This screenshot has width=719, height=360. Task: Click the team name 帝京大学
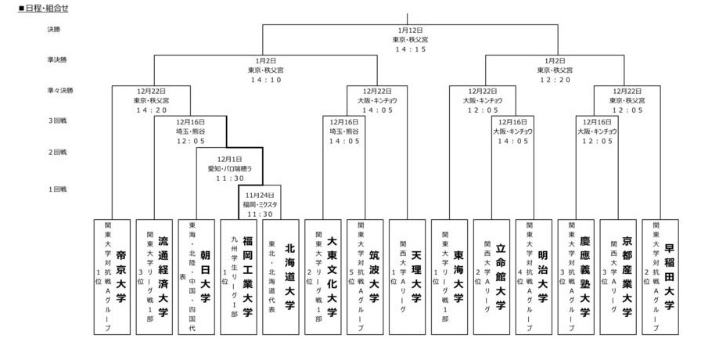click(x=120, y=277)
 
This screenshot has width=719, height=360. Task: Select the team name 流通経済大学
click(x=163, y=277)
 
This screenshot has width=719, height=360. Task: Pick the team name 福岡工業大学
click(x=247, y=277)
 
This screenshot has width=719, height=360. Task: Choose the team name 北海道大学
click(x=289, y=277)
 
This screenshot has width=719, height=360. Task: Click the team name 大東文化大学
click(x=332, y=277)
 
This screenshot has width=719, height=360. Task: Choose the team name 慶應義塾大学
click(x=585, y=277)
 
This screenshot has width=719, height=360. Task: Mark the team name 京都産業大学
click(x=627, y=277)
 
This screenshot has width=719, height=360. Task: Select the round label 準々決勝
click(x=59, y=91)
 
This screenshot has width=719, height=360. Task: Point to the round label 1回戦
click(x=57, y=189)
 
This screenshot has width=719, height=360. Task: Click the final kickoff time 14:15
click(x=409, y=49)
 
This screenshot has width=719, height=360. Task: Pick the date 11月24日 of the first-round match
click(x=260, y=195)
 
